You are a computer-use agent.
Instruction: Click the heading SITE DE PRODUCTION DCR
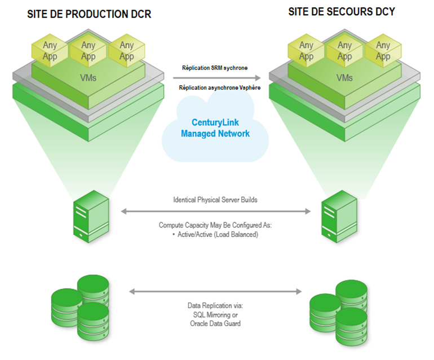89,14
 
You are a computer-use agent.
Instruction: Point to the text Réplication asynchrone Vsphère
219,88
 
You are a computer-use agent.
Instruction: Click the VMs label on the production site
88,78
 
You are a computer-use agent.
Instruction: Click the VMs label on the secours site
344,78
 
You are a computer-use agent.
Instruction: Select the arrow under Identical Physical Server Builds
216,211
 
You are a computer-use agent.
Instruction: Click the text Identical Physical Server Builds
216,200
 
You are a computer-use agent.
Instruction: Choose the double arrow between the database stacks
216,292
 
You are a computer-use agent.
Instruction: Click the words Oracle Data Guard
216,323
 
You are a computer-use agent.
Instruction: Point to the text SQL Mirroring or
216,314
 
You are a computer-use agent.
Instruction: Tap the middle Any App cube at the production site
88,51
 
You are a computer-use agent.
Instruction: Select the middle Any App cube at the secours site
344,51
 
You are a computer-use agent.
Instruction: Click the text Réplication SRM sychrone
215,68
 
